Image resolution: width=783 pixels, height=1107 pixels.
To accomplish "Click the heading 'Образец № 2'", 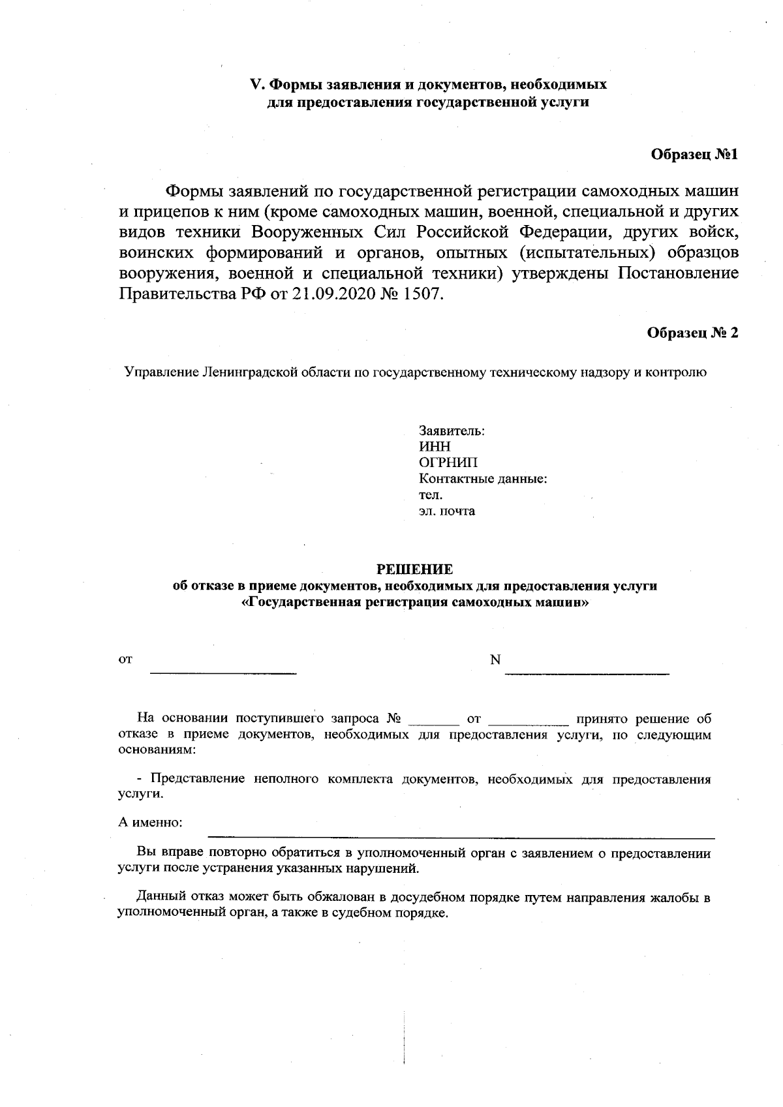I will (692, 333).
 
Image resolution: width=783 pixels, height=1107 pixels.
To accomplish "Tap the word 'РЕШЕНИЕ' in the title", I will (414, 569).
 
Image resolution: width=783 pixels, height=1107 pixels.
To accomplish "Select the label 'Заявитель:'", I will (451, 431).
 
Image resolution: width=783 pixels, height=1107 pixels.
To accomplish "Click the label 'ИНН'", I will (434, 447).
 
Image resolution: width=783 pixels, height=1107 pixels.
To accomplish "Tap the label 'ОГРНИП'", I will (448, 463).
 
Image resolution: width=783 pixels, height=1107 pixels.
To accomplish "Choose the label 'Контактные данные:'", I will (482, 479).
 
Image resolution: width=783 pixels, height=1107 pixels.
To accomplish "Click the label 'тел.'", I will (430, 495).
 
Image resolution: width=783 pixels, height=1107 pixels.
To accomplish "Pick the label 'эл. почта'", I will (446, 511).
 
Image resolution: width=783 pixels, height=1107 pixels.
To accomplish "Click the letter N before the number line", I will (495, 660).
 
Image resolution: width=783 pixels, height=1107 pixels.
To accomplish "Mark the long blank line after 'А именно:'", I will (461, 836).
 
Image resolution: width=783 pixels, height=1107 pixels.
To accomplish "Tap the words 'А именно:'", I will (150, 822).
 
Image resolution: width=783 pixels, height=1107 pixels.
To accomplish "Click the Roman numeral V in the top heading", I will (256, 85).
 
